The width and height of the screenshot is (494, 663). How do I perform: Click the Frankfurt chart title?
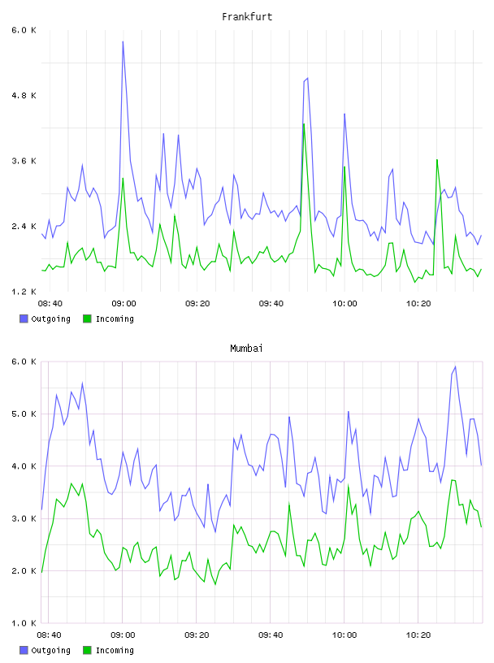[x=247, y=17]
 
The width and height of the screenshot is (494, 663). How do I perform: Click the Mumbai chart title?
[x=246, y=349]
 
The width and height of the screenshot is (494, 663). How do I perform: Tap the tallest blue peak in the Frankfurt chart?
[x=123, y=41]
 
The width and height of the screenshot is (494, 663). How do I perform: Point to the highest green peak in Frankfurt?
[x=304, y=123]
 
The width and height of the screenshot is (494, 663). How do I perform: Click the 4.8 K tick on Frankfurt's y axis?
[x=24, y=96]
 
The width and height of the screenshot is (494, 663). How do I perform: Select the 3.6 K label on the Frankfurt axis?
[x=24, y=161]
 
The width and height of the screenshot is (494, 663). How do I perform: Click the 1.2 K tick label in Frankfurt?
[x=24, y=292]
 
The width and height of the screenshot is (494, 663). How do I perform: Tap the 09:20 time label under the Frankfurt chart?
[x=197, y=304]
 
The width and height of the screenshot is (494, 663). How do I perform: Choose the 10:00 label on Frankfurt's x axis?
[x=344, y=304]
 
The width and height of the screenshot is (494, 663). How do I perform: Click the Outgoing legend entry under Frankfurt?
[x=45, y=318]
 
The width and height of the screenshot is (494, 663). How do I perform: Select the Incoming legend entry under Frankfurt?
[x=109, y=318]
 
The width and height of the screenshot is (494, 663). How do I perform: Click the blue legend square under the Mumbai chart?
[x=24, y=650]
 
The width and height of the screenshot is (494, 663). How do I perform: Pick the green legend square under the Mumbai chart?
[x=87, y=650]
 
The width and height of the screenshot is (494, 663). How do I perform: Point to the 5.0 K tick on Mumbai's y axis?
[x=24, y=414]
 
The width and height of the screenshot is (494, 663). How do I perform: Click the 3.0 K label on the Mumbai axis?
[x=24, y=519]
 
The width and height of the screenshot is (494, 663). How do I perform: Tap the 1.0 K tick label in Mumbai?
[x=24, y=623]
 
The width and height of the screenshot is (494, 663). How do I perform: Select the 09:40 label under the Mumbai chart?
[x=271, y=635]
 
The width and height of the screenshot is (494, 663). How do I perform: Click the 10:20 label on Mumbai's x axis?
[x=418, y=635]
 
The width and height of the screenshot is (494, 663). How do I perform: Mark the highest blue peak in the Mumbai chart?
[x=455, y=366]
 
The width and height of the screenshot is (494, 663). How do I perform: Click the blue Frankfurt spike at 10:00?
[x=344, y=114]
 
